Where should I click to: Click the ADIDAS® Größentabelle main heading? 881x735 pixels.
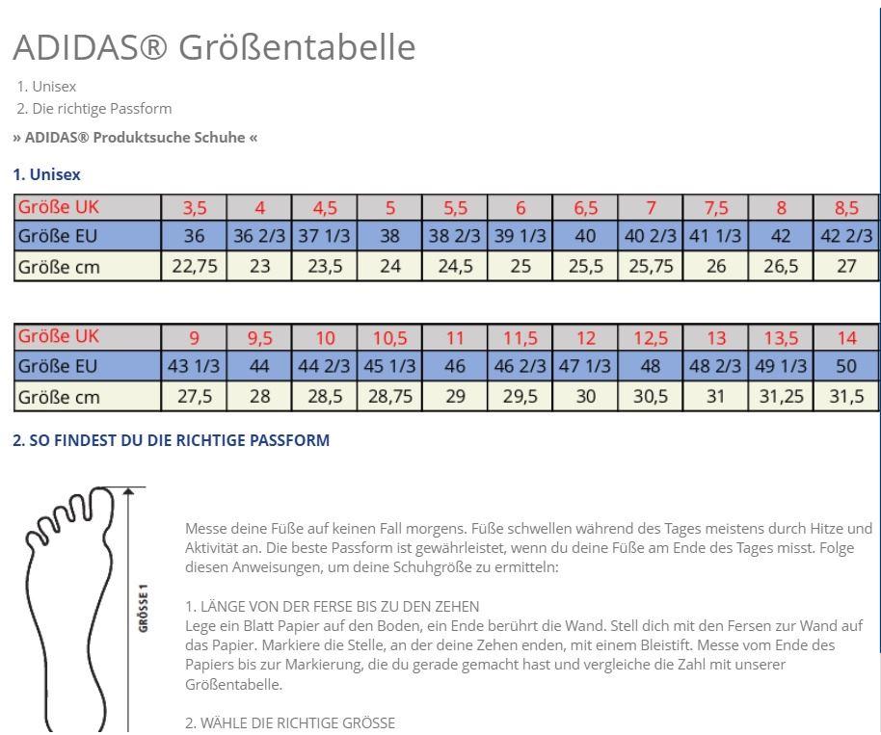click(214, 46)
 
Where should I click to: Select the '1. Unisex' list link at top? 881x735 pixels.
click(46, 86)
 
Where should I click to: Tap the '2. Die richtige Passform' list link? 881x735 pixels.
click(94, 108)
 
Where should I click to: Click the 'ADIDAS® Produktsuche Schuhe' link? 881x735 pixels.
click(135, 137)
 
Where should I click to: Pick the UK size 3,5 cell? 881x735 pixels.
click(195, 207)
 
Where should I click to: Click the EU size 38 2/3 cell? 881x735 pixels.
click(455, 236)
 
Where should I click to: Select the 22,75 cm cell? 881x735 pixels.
click(195, 266)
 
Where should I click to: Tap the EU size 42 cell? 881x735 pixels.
click(781, 236)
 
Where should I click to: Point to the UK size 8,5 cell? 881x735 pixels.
click(846, 207)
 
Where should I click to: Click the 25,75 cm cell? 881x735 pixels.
click(651, 266)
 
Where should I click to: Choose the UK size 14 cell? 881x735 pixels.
click(846, 337)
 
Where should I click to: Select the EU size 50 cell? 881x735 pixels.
click(846, 366)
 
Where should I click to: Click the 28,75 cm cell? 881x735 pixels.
click(389, 396)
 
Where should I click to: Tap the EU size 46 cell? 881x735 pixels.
click(455, 366)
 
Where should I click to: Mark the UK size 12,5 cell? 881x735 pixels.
click(651, 337)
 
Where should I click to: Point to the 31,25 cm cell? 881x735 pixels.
click(781, 396)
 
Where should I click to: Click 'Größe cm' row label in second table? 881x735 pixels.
click(59, 396)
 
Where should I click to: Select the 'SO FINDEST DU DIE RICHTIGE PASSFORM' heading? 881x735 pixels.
click(171, 440)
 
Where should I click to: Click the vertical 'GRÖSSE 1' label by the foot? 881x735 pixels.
click(144, 607)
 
